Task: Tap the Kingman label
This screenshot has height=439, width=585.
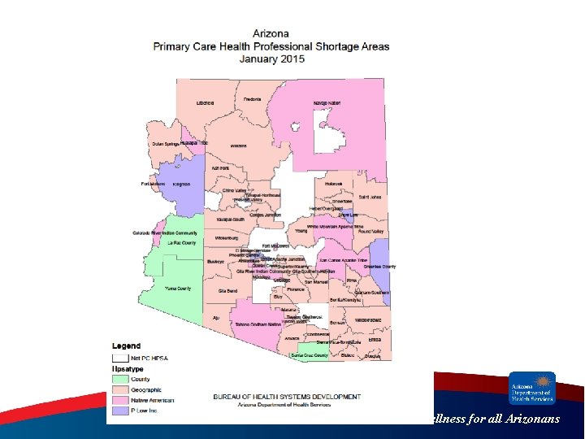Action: (x=181, y=184)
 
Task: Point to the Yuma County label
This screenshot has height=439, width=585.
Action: (x=178, y=289)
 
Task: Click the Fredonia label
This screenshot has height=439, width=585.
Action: (x=252, y=99)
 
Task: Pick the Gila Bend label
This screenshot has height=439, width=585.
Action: (x=227, y=290)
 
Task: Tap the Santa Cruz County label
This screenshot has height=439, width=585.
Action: (x=310, y=355)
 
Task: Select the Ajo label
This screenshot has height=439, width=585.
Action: (x=215, y=317)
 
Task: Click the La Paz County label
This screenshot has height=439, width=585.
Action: (x=181, y=242)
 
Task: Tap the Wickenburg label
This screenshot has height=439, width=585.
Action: (x=227, y=237)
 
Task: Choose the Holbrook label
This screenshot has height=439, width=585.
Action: (x=335, y=184)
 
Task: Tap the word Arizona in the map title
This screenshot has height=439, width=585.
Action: (x=271, y=33)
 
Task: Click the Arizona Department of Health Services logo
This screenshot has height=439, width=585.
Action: (x=532, y=388)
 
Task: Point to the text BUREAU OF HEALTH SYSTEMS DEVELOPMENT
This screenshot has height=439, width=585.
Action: (x=287, y=397)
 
